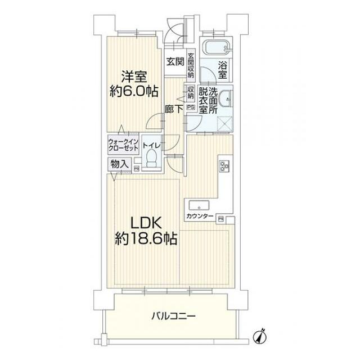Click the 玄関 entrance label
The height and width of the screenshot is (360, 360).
[x=174, y=62]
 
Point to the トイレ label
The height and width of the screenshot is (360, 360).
[x=152, y=146]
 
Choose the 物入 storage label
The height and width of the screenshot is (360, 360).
[x=119, y=165]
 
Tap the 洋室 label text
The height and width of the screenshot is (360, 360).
[x=133, y=76]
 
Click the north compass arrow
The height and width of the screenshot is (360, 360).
[x=260, y=337]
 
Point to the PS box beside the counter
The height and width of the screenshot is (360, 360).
[x=221, y=218]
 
